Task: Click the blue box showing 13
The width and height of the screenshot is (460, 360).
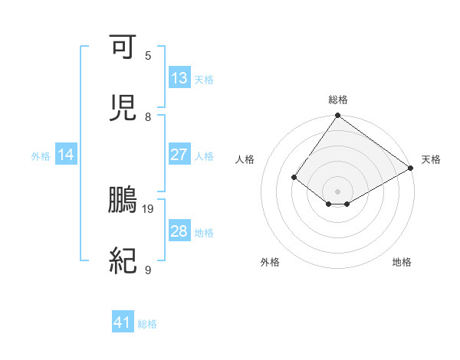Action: [x=179, y=78]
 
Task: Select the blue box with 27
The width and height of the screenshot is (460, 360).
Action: [x=179, y=155]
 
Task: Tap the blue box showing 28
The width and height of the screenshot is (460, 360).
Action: [x=179, y=231]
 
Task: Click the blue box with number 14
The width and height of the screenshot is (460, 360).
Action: [x=66, y=155]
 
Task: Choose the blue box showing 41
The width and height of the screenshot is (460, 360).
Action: [x=123, y=323]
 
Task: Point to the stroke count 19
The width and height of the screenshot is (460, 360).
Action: [x=149, y=208]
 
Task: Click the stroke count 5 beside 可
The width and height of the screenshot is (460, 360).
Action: [x=148, y=55]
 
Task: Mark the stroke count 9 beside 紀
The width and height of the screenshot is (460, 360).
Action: [x=148, y=270]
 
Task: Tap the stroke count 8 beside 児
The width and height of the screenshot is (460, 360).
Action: [x=148, y=116]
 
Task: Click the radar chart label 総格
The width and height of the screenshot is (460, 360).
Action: [x=338, y=100]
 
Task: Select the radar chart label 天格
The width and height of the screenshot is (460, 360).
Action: [x=431, y=159]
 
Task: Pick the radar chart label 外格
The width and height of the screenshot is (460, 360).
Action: [x=270, y=262]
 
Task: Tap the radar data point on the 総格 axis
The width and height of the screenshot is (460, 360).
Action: [x=337, y=116]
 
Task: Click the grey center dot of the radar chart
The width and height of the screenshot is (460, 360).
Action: [x=337, y=191]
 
